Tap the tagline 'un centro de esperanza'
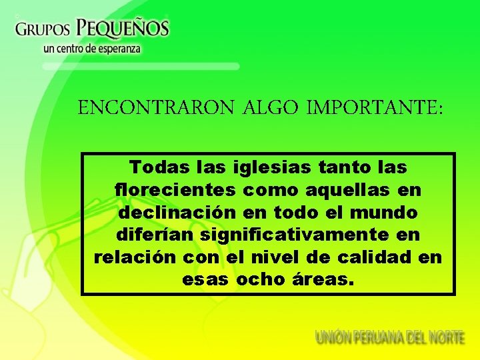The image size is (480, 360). (92, 49)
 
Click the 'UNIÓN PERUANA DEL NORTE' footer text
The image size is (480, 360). (390, 337)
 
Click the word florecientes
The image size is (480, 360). (175, 189)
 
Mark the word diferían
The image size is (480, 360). (151, 235)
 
